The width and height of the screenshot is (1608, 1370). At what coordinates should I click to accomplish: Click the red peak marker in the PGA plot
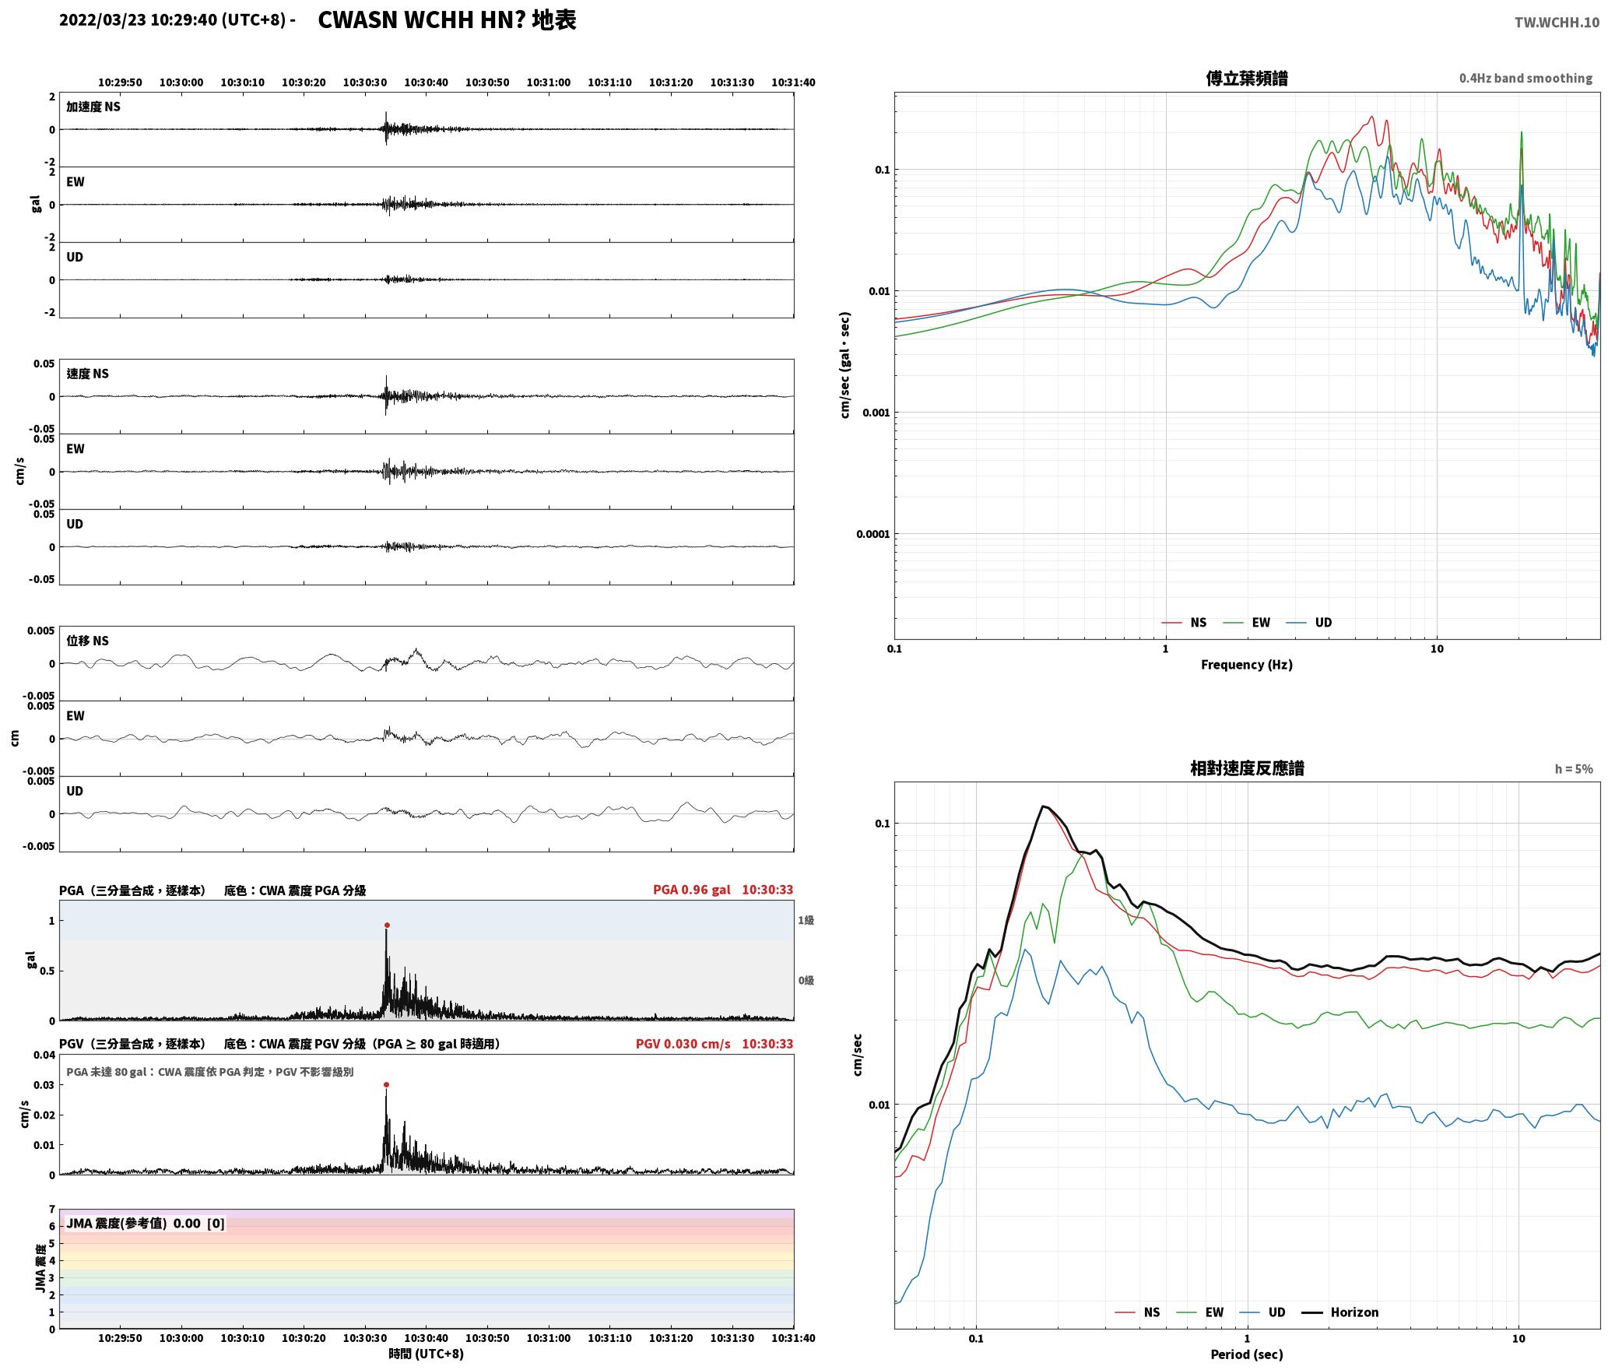(387, 926)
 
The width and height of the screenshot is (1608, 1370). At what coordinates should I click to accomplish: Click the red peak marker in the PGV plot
(386, 1084)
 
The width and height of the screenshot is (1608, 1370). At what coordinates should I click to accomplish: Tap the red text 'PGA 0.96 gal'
(691, 890)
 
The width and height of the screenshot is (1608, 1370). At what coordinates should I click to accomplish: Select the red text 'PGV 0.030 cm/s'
(683, 1044)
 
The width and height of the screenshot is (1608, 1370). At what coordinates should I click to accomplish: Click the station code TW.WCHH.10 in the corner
(1557, 23)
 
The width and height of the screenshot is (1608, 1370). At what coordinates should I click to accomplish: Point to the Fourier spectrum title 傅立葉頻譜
(1247, 78)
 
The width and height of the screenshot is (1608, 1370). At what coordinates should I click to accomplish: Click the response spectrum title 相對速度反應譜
(1247, 768)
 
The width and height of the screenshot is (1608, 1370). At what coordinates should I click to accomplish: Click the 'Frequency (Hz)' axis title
(1247, 664)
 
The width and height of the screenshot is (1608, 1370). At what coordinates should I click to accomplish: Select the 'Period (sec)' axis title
(1247, 1354)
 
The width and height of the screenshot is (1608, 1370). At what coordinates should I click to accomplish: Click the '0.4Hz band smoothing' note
(1525, 78)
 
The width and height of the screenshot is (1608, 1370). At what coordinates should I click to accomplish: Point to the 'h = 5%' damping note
(1574, 769)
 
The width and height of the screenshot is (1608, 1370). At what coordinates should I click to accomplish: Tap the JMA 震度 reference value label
(146, 1223)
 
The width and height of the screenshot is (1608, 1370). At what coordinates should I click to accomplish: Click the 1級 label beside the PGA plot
(806, 920)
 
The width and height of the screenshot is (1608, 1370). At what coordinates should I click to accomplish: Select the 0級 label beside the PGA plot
(806, 980)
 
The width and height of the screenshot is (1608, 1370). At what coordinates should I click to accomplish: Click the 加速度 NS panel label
(93, 107)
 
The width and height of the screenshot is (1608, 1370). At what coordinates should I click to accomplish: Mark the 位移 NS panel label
(87, 641)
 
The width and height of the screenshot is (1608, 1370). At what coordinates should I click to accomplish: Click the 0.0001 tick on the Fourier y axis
(872, 534)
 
